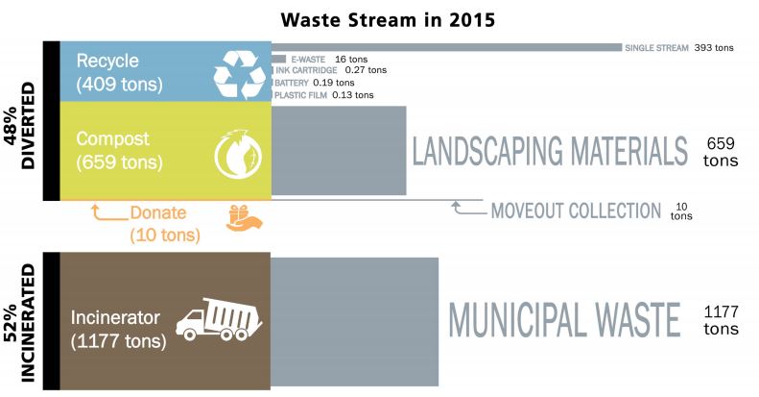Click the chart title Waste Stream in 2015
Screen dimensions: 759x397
388,20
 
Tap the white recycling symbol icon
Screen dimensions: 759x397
240,74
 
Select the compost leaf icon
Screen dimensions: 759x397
238,155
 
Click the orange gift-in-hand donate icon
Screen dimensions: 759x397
244,217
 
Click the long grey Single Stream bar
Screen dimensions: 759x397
446,47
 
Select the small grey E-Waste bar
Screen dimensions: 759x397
279,60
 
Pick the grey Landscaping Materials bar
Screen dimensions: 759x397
339,150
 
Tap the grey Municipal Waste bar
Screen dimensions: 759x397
354,322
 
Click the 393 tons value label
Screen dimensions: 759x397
714,47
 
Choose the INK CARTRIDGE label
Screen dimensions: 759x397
306,70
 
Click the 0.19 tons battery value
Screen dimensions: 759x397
334,83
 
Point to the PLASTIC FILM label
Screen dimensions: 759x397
300,95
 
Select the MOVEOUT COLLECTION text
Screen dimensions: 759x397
576,211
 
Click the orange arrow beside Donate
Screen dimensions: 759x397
110,216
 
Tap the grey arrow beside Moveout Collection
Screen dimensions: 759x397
469,210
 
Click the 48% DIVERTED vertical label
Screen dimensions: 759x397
20,126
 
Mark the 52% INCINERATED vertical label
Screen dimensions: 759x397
20,323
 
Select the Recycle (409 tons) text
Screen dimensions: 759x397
119,72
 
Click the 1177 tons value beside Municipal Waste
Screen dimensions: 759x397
722,320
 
